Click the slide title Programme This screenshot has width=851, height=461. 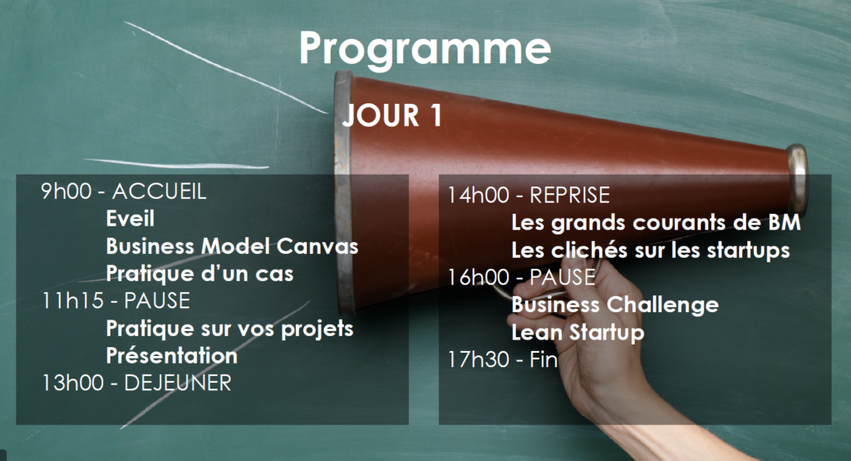pos(425,50)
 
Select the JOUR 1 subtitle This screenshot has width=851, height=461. pos(392,115)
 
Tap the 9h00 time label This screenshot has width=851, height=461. pos(66,191)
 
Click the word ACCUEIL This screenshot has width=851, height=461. pos(159,191)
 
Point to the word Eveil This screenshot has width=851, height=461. pos(130,219)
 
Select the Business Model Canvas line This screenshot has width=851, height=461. pos(233,246)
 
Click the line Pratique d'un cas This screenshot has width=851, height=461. pos(199,274)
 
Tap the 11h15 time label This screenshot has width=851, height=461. pos(73,300)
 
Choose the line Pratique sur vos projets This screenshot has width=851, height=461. pos(229,329)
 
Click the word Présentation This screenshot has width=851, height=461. pos(172,355)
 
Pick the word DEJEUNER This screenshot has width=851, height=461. pos(178,383)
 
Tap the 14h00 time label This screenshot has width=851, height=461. pos(478,196)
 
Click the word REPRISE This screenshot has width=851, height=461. pos(569,196)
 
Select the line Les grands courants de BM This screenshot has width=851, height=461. pos(657,222)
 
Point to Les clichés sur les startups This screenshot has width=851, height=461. pos(651,250)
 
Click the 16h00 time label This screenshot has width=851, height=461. pos(478,277)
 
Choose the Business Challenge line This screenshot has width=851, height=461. pos(615,305)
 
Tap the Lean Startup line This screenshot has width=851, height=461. pos(578,333)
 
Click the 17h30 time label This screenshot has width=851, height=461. pos(478,359)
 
